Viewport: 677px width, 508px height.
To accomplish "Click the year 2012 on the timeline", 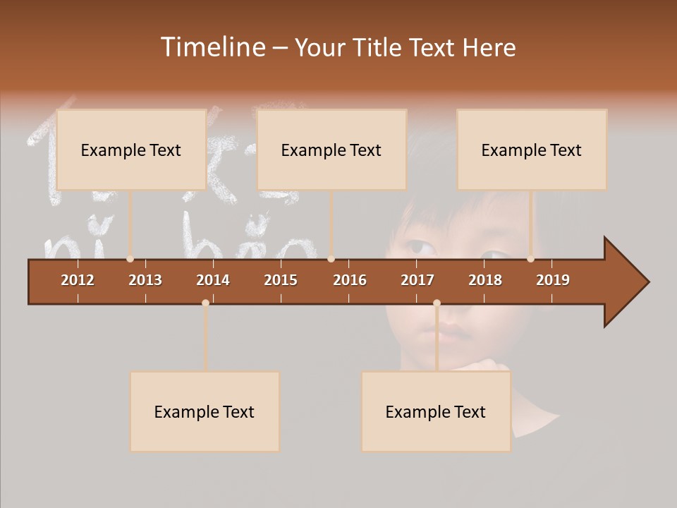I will point(78,280).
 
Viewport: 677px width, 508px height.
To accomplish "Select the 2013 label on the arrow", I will point(145,280).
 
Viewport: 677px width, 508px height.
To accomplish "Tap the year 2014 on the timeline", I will point(213,280).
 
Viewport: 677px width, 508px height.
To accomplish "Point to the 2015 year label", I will point(281,280).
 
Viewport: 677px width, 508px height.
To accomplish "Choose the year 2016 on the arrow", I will point(350,280).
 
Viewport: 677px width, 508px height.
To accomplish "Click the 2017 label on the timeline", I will point(417,280).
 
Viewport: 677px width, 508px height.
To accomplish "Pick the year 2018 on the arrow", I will point(485,280).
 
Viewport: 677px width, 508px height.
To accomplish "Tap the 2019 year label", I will point(553,280).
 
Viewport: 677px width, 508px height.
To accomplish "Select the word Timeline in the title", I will point(212,47).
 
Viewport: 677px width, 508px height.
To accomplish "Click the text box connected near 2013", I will point(131,150).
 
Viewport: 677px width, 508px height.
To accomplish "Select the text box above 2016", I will point(331,150).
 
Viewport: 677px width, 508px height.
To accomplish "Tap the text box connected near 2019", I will point(532,150).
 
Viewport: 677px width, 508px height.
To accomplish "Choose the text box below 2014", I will point(205,411).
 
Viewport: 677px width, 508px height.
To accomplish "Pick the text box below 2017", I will point(436,411).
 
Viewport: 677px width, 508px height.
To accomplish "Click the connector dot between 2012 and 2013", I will point(130,259).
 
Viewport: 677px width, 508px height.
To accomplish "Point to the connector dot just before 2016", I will point(331,259).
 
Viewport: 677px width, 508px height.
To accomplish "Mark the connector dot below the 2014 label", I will point(205,303).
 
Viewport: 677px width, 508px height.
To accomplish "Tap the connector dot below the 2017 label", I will point(437,303).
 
